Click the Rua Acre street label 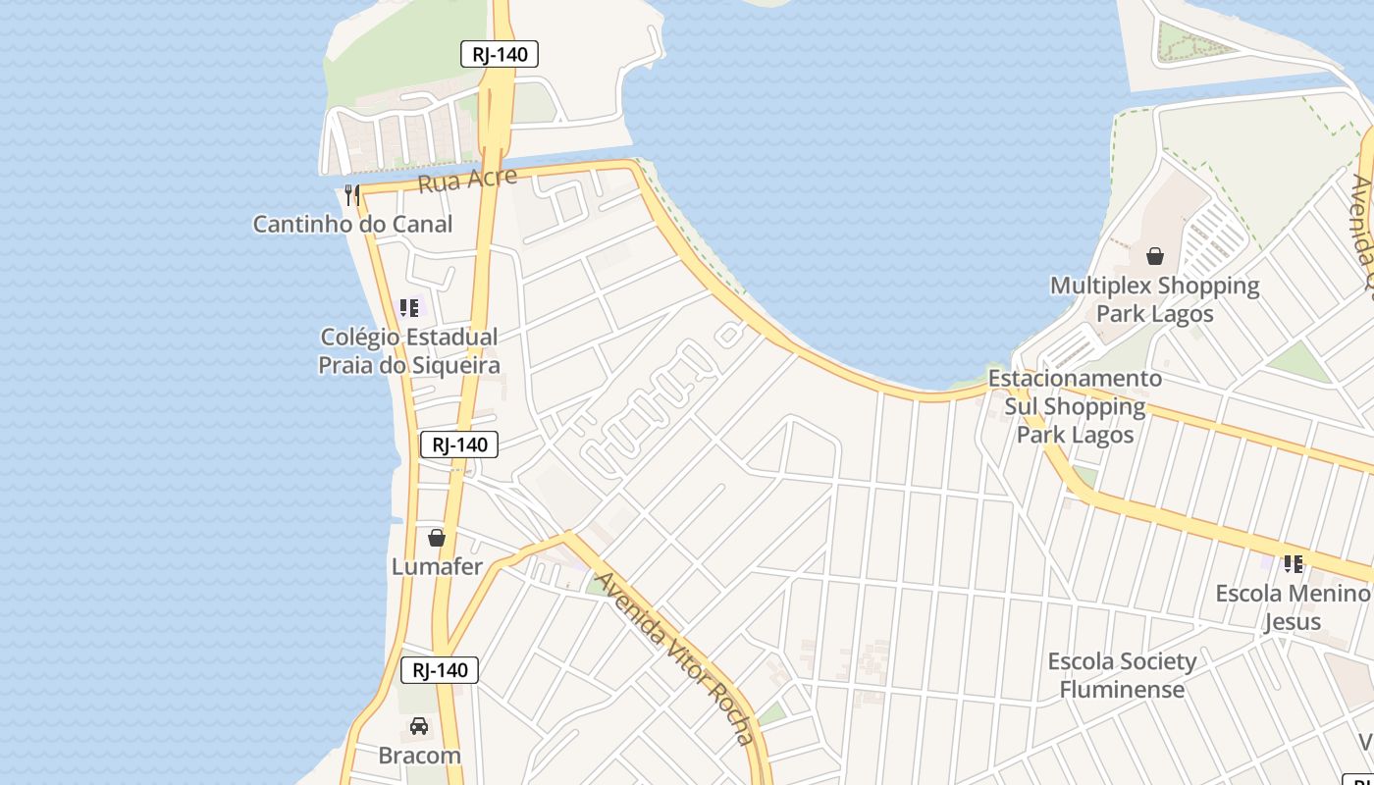pos(467,181)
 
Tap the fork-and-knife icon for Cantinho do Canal pos(352,195)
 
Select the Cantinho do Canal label pos(353,225)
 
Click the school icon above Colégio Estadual pos(409,308)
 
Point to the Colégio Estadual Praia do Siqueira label pos(409,351)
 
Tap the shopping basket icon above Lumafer pos(437,538)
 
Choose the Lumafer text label pos(437,567)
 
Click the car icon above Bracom pos(419,727)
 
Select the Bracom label pos(419,756)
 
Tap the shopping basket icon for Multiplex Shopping pos(1155,256)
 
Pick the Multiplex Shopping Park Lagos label pos(1155,299)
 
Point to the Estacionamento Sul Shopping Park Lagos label pos(1075,406)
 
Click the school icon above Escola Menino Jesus pos(1293,564)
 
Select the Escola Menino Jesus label pos(1292,607)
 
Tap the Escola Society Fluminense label pos(1122,675)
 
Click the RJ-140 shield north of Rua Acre pos(500,54)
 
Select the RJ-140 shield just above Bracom pos(440,671)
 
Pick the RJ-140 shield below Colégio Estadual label pos(459,445)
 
